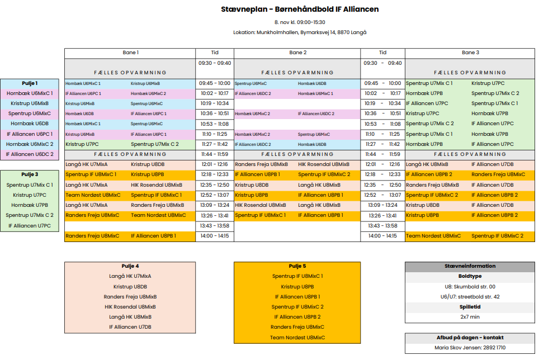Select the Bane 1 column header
(x=130, y=53)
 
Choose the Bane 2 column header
(x=297, y=53)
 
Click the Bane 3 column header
(x=470, y=53)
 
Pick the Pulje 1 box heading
(x=30, y=83)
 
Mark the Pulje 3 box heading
(x=30, y=175)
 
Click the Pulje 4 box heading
(x=130, y=266)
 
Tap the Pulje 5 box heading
(x=297, y=266)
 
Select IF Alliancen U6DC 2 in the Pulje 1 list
(x=30, y=154)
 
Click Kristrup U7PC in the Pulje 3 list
(x=30, y=195)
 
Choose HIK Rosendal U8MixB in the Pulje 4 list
(x=130, y=306)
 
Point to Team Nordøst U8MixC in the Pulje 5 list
(x=297, y=337)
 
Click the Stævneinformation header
(x=470, y=266)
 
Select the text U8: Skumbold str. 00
(x=470, y=287)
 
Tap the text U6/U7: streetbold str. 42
(x=470, y=297)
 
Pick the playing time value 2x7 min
(x=470, y=316)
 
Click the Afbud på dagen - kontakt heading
(x=470, y=338)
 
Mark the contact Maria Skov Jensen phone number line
(x=470, y=348)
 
